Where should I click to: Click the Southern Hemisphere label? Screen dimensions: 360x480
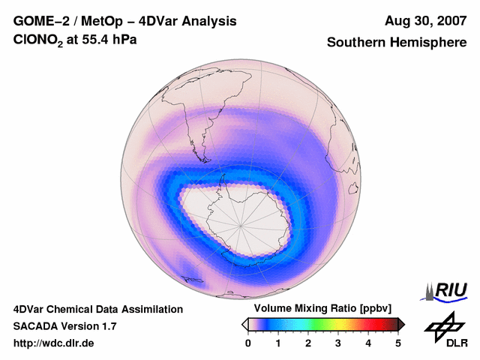coord(397,43)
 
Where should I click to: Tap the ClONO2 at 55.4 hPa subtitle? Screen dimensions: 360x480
coord(75,43)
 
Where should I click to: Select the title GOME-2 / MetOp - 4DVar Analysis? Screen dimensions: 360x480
coord(125,21)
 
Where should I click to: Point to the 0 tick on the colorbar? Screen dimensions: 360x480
coord(248,343)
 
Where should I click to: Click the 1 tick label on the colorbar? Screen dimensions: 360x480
coord(278,343)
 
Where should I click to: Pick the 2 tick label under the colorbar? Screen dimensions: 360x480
coord(308,343)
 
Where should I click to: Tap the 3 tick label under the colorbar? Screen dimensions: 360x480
coord(338,343)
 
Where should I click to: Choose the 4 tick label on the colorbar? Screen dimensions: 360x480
coord(368,343)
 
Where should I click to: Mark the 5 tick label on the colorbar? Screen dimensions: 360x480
coord(398,343)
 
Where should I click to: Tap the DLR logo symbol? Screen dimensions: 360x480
coord(442,325)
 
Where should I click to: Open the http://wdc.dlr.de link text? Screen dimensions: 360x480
coord(54,343)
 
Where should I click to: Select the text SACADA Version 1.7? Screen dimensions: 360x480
coord(64,326)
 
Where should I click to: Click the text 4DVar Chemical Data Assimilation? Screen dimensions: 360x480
coord(98,309)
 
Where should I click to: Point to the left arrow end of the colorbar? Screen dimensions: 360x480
coord(244,324)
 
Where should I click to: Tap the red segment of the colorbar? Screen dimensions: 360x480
coord(371,324)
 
